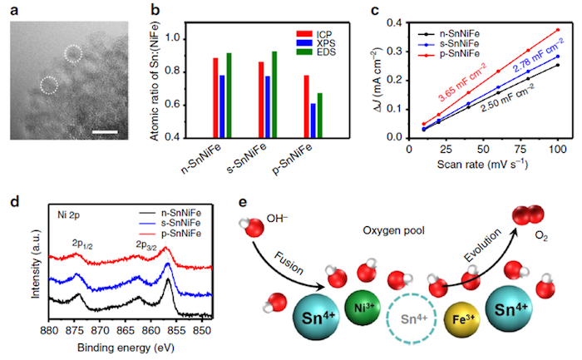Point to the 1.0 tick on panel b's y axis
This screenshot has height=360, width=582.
click(x=192, y=38)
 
